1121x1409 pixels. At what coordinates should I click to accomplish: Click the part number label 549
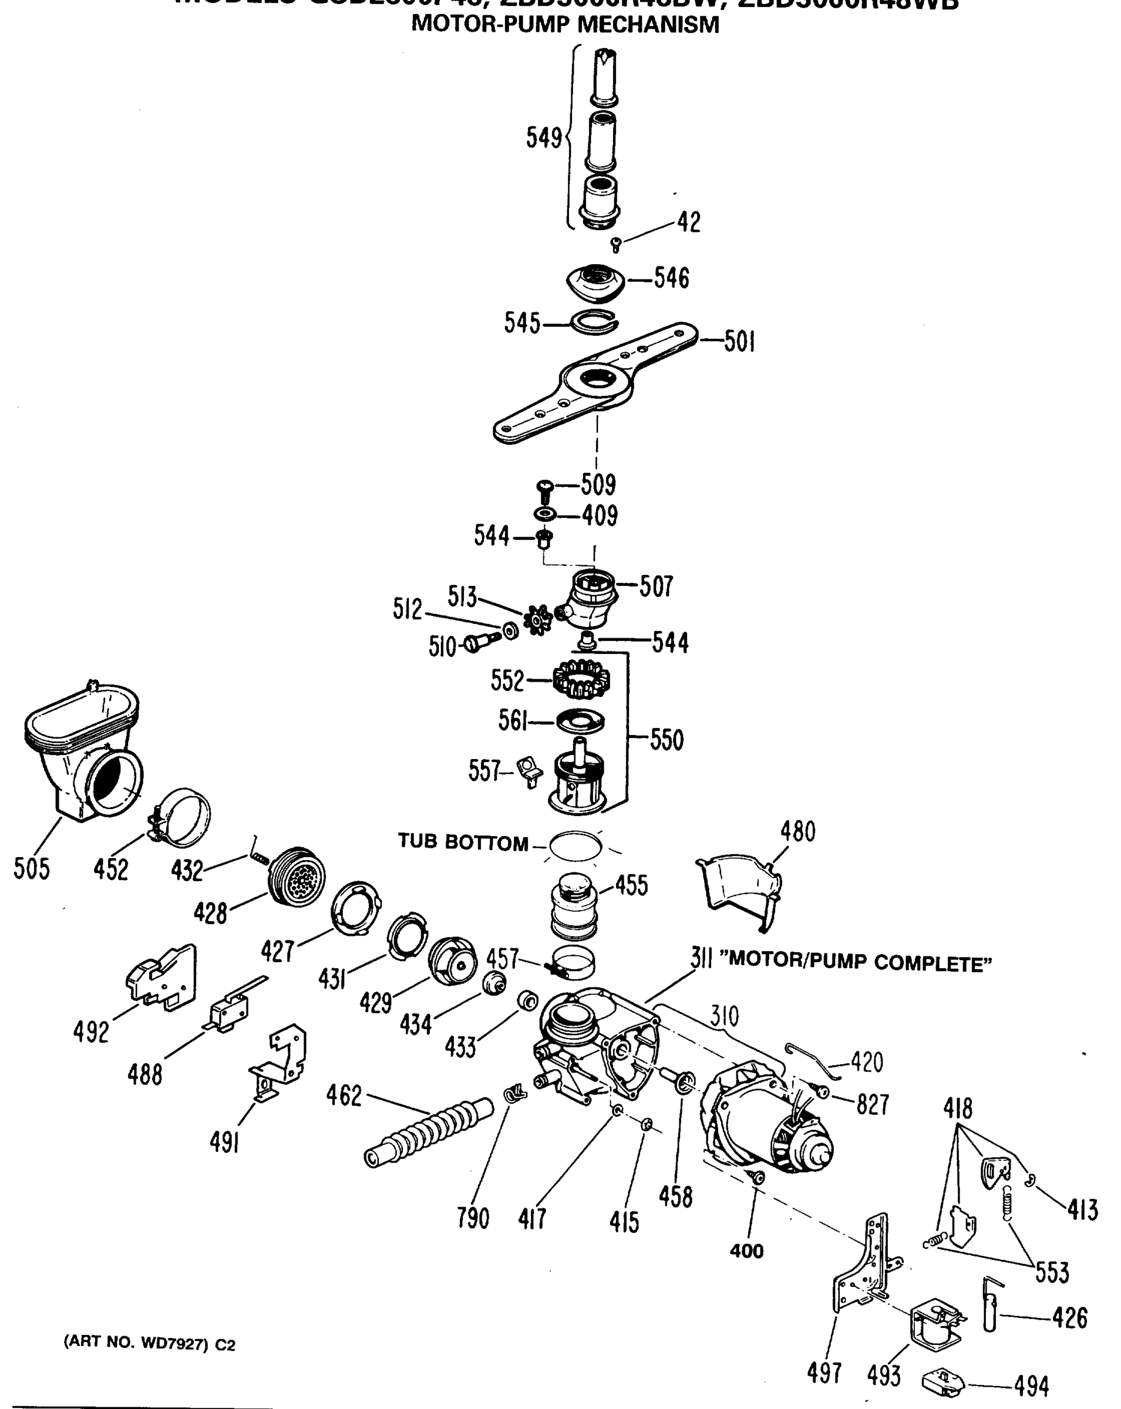544,138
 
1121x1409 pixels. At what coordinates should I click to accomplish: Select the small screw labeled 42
615,245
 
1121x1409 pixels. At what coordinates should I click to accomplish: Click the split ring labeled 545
593,322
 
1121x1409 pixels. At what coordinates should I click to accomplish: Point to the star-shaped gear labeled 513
539,619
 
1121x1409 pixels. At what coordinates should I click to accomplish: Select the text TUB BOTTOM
463,842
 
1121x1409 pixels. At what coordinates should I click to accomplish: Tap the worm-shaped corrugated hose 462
429,1132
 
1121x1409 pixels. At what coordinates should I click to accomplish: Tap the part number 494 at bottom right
1032,1386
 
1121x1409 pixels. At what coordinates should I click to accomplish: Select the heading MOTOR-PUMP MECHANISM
565,25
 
